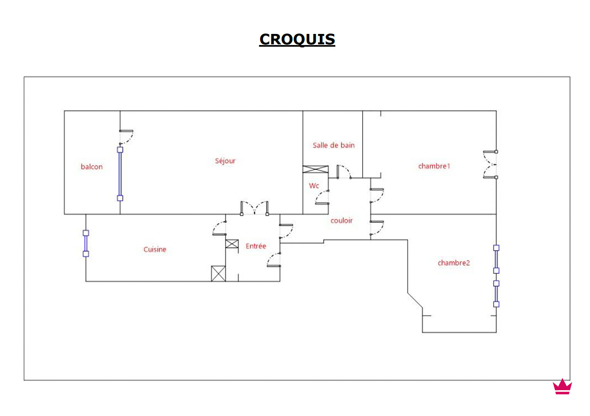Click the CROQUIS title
(297, 39)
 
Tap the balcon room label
(92, 167)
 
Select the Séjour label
(225, 161)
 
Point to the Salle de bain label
(333, 145)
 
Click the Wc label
(314, 186)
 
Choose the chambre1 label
(434, 166)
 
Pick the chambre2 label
(454, 263)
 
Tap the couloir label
(341, 221)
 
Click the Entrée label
(256, 246)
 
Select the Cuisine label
(155, 249)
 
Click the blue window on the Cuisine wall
(86, 243)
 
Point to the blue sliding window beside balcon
(120, 173)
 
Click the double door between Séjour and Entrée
(254, 208)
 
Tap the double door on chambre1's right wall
(490, 165)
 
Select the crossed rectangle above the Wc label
(315, 169)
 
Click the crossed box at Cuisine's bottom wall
(218, 274)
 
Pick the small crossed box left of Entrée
(232, 244)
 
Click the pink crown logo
(562, 387)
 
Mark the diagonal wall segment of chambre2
(415, 300)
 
